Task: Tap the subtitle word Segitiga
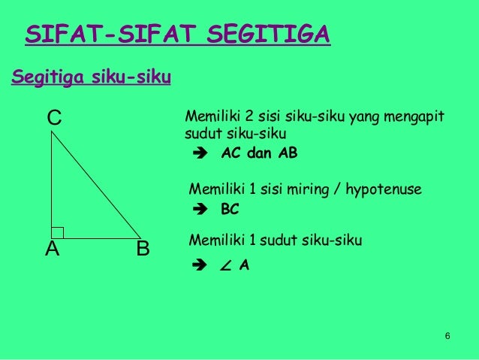tap(47, 77)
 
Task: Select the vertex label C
tap(54, 118)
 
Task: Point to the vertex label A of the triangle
tap(51, 249)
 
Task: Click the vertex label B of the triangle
tap(143, 249)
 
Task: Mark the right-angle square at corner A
tap(58, 232)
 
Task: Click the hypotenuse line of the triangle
tap(96, 185)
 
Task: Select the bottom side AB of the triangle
tap(96, 238)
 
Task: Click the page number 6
tap(447, 334)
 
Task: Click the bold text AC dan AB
tap(259, 153)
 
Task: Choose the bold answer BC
tap(230, 210)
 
